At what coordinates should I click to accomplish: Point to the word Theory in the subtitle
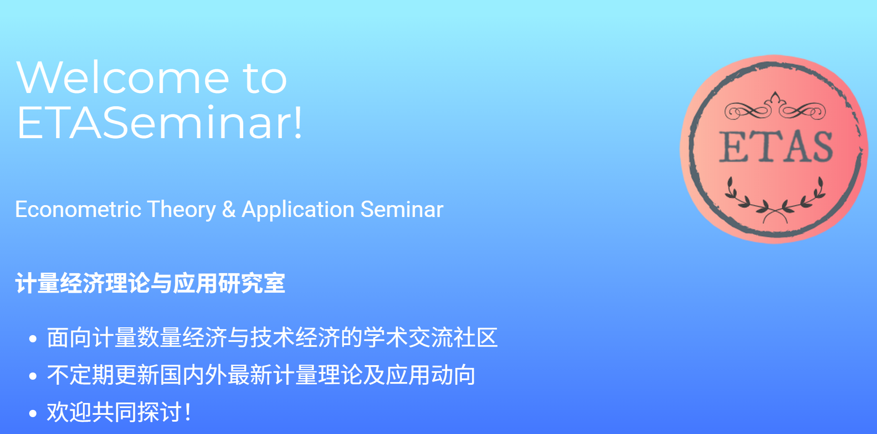tap(181, 210)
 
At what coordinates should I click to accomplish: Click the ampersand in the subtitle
tap(229, 210)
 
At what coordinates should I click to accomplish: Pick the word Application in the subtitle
tap(298, 210)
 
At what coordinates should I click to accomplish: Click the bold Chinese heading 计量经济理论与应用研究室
tap(150, 284)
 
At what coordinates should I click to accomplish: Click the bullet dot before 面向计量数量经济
tap(32, 339)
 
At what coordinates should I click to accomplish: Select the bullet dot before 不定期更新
tap(32, 376)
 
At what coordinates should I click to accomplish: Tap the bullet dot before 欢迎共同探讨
tap(32, 413)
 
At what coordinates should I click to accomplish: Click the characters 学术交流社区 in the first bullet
tap(431, 338)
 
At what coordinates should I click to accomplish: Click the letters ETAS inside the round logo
tap(776, 147)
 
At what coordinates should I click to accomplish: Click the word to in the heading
tap(265, 78)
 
